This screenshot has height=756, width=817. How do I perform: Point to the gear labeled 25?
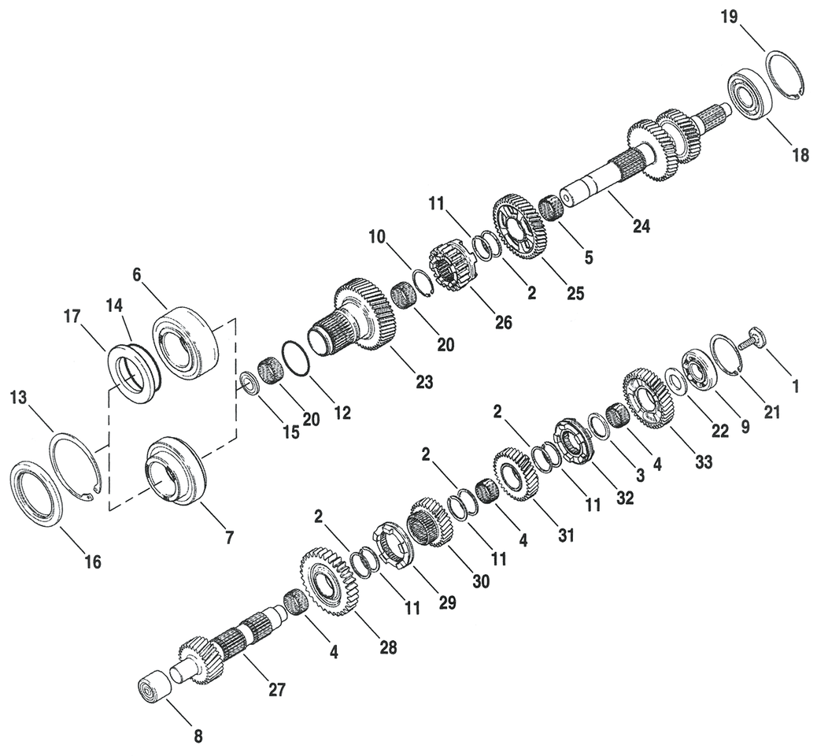(x=519, y=226)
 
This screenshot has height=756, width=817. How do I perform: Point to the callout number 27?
(x=276, y=690)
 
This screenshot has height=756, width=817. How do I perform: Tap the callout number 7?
(x=229, y=538)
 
